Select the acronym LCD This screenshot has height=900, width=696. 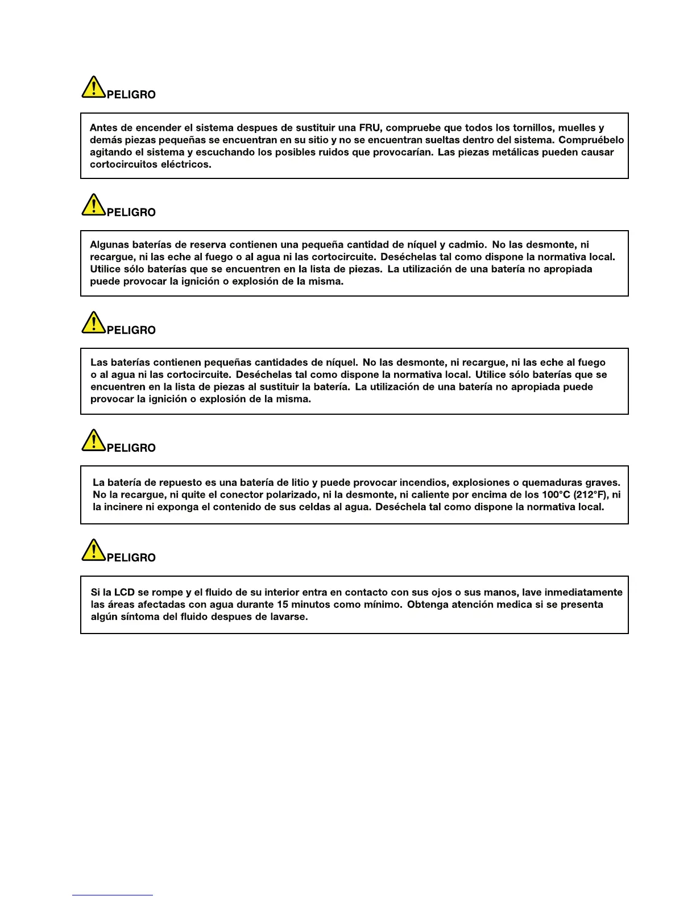124,593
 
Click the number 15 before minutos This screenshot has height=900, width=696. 282,605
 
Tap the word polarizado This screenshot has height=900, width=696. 292,495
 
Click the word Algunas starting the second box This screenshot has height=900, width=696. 109,245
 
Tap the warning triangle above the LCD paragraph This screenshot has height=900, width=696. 93,551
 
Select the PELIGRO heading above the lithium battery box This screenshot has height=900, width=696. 131,448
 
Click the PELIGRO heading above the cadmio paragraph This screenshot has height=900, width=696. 131,213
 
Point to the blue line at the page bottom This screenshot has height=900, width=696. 113,895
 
